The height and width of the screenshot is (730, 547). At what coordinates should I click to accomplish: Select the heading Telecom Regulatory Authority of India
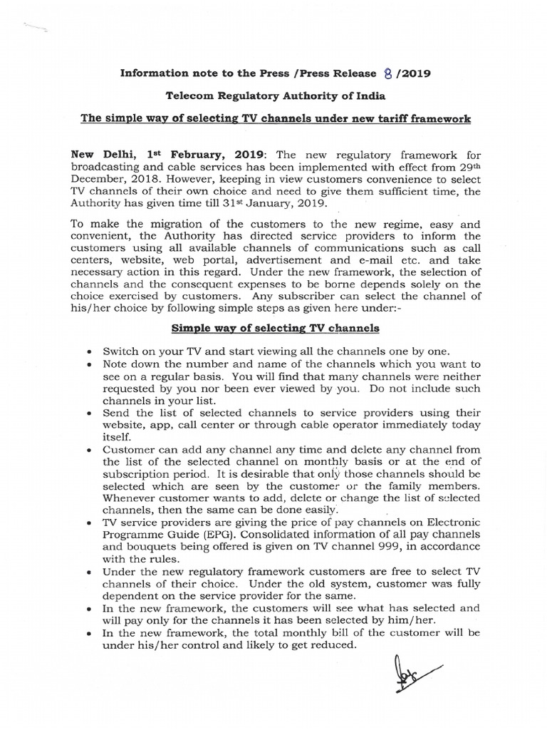[x=274, y=96]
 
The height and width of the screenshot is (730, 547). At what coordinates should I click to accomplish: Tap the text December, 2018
[x=111, y=179]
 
